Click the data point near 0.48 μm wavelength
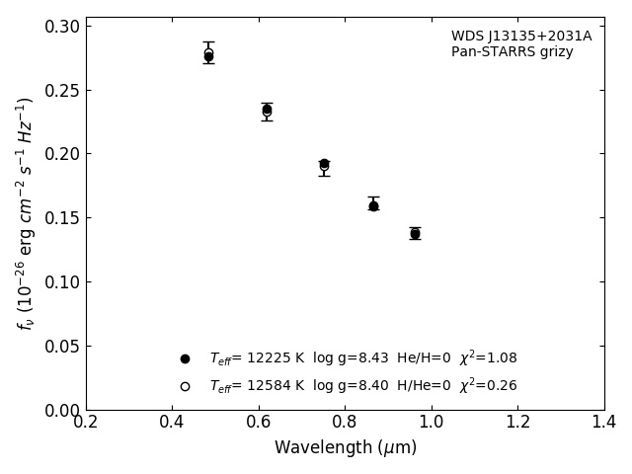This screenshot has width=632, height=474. tap(208, 55)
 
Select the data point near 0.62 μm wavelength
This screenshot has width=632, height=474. tap(267, 110)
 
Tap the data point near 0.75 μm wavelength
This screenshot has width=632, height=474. tap(324, 164)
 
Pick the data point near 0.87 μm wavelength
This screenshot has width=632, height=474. tap(373, 205)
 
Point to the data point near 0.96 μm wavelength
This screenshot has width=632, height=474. tap(415, 233)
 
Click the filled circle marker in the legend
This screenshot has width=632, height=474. tap(185, 358)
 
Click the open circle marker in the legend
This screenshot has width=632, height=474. tap(185, 386)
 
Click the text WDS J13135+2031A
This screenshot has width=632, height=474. tap(521, 37)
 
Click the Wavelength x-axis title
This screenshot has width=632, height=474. tap(345, 448)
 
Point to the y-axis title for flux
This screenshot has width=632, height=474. tap(26, 212)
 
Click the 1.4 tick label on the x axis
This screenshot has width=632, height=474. tap(603, 422)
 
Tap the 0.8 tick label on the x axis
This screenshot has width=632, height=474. tap(345, 422)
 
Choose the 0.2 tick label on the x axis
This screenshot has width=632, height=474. tap(86, 422)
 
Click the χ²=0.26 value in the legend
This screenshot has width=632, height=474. tap(488, 386)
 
